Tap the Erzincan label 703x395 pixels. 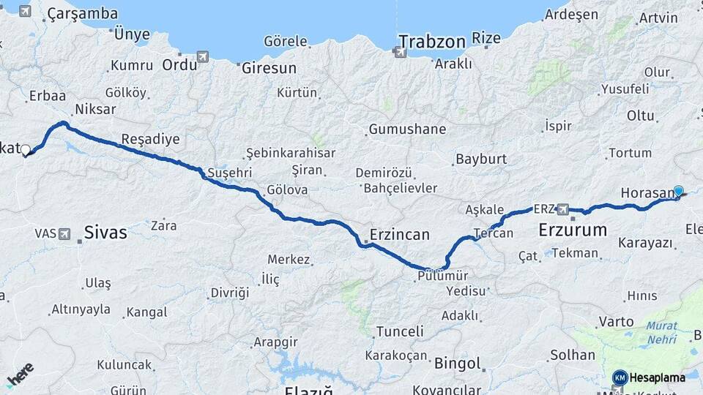tap(400, 235)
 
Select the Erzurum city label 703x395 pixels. tap(572, 230)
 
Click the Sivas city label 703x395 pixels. tap(105, 233)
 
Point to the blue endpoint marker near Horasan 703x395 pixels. tap(678, 191)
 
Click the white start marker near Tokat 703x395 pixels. tap(26, 150)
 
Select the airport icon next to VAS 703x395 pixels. tap(65, 234)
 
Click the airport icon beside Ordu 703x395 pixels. tap(202, 57)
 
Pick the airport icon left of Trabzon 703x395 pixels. tap(399, 52)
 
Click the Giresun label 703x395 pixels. tap(269, 68)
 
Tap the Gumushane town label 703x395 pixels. tap(407, 129)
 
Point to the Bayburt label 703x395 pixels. tap(481, 159)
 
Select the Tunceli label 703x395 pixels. tap(399, 331)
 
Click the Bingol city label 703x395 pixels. tap(458, 363)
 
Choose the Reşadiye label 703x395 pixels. tap(150, 139)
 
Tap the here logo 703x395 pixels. tap(20, 374)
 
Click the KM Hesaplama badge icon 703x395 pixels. tap(620, 377)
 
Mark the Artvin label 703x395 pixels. tap(658, 18)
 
